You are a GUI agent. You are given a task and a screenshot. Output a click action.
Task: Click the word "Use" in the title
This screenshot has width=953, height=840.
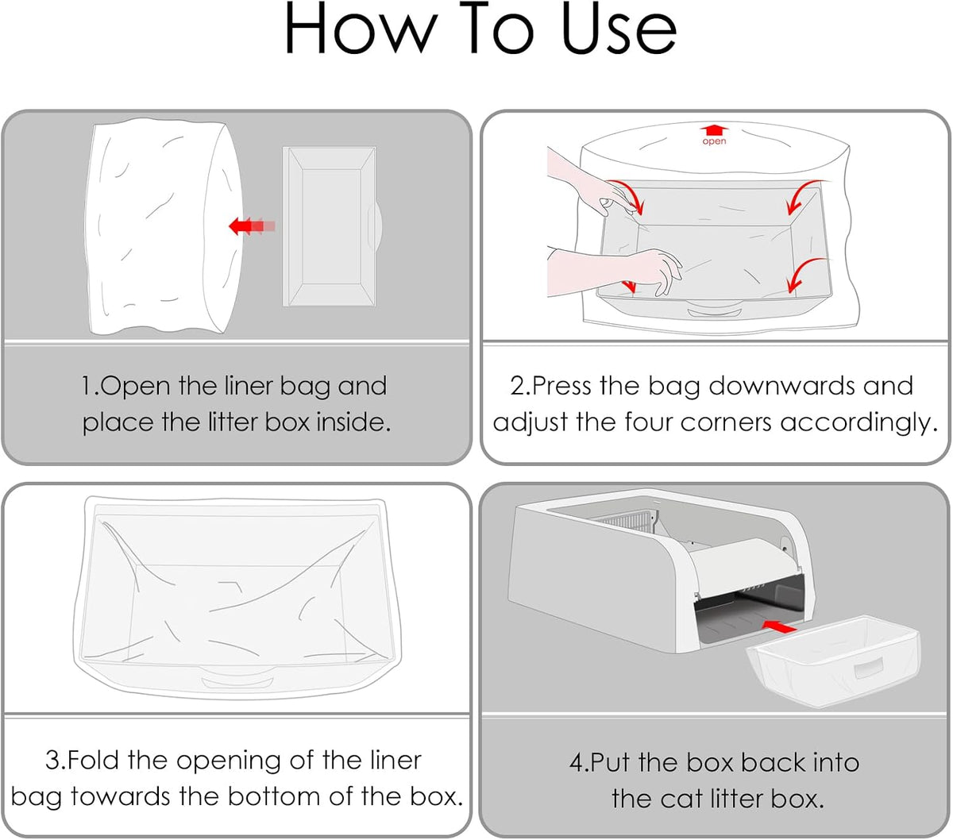coord(619,29)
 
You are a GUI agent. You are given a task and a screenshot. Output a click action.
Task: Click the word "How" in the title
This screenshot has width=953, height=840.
coord(361,29)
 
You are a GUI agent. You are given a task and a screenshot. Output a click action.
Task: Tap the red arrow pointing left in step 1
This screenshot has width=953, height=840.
coord(251,225)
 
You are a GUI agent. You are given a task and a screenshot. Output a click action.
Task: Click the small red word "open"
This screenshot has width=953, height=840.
coord(714,141)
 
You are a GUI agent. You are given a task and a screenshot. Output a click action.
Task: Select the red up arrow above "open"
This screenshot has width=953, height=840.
coord(714,130)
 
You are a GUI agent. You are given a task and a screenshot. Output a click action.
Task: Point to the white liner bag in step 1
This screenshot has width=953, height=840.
coord(164,227)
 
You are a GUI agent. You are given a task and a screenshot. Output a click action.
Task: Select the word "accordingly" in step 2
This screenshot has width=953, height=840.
coord(853,422)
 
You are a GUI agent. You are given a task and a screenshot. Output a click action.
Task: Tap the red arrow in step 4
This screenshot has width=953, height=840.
coord(778,626)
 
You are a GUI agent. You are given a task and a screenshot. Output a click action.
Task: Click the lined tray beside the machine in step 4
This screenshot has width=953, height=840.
coord(832,660)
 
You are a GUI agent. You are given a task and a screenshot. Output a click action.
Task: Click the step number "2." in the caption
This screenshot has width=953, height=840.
coord(521,386)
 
